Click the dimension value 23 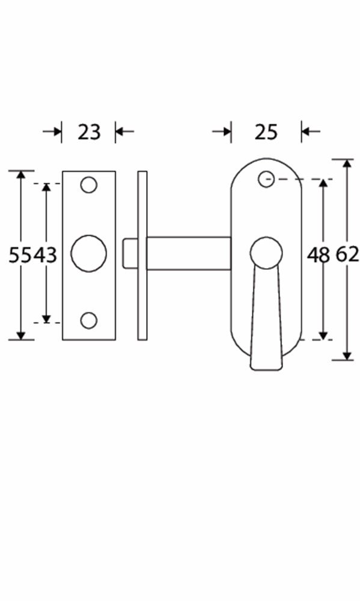(89, 132)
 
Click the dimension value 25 (266, 132)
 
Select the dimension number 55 (20, 255)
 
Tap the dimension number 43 (44, 255)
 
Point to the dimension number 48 (318, 255)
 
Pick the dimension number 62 (347, 255)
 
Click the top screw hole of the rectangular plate (88, 185)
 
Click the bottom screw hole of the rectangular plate (88, 320)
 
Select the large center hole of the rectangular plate (88, 254)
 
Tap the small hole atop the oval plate (266, 179)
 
